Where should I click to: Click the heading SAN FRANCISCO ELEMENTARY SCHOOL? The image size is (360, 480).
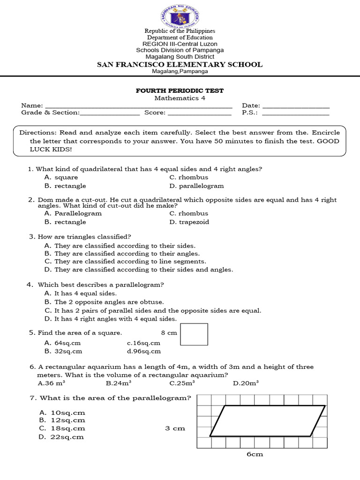tap(180, 65)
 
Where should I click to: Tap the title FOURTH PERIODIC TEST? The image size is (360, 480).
tap(180, 90)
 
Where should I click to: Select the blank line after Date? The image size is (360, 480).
tap(295, 107)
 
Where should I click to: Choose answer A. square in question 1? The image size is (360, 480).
tap(61, 177)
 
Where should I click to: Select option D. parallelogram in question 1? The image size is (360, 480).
tap(196, 186)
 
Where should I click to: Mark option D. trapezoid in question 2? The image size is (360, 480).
tap(189, 222)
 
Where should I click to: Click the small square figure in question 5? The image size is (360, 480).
tap(194, 335)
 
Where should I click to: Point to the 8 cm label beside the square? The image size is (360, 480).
tap(169, 333)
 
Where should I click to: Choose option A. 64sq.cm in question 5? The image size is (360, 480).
tap(63, 343)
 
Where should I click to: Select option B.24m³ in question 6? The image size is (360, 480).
tap(118, 383)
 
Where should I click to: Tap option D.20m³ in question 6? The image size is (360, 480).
tap(246, 383)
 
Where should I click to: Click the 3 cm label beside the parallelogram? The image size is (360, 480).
tap(175, 428)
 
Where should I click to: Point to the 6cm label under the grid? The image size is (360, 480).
tap(255, 454)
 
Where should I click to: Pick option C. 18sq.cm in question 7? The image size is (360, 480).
tap(62, 428)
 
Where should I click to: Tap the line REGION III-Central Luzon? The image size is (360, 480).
tap(180, 44)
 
